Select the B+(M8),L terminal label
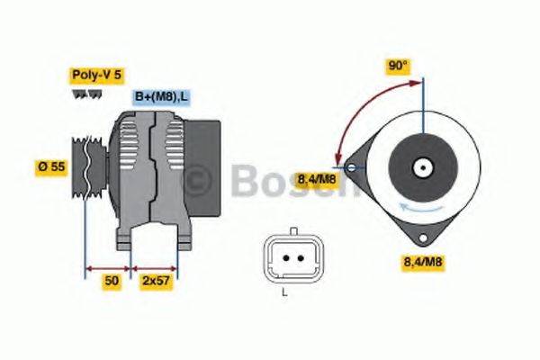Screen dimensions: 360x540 point(162,96)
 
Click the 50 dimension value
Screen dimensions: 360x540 point(112,281)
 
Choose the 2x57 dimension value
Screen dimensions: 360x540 point(155,281)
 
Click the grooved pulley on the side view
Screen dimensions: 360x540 point(85,167)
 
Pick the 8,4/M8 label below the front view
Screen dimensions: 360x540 point(420,262)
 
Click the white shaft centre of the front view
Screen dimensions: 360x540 point(420,166)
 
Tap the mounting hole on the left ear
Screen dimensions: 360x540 point(349,166)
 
